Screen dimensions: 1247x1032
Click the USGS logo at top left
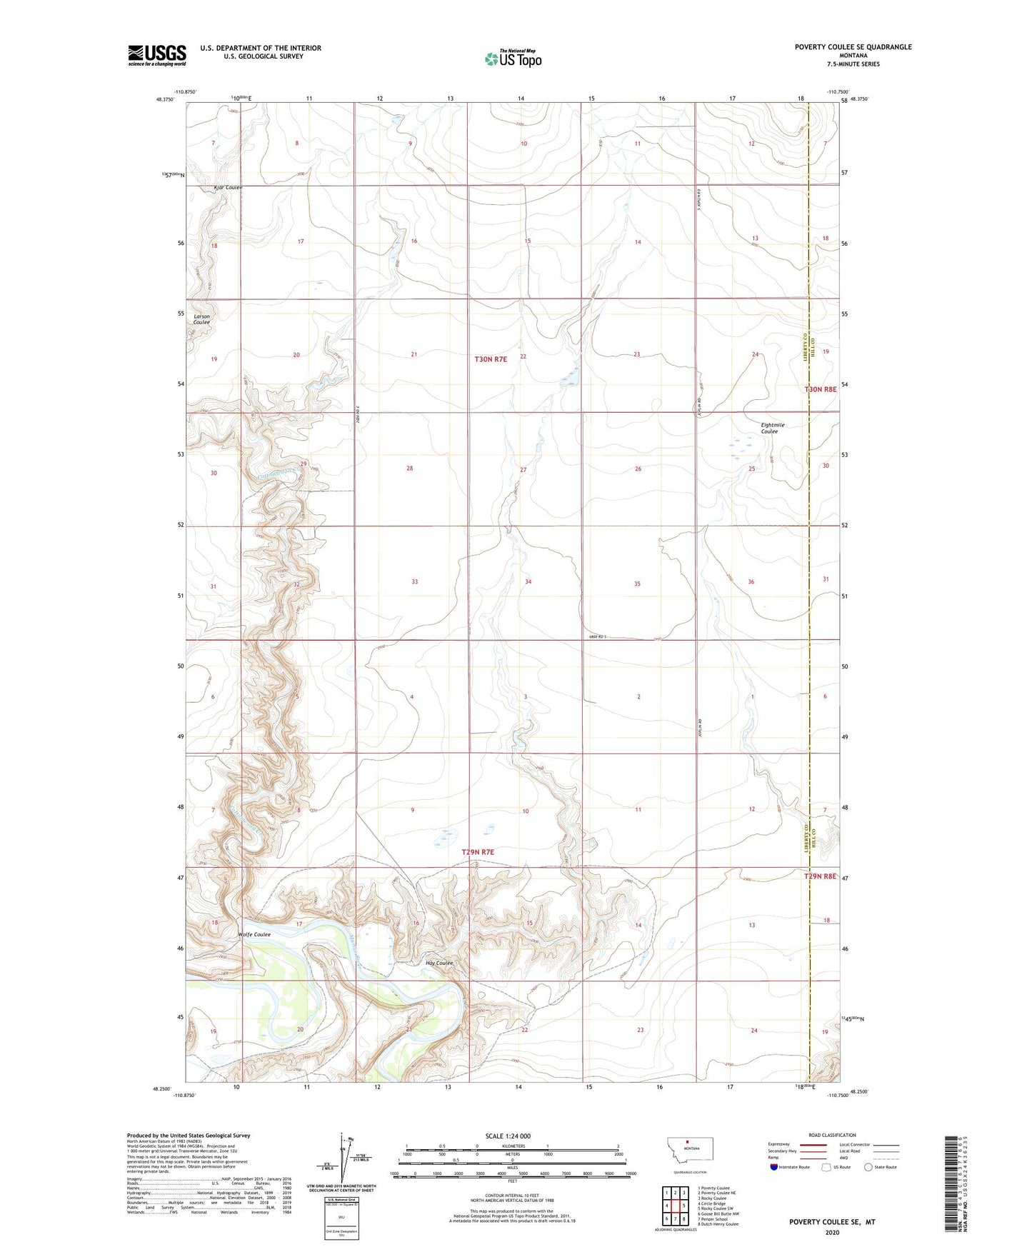pyautogui.click(x=156, y=55)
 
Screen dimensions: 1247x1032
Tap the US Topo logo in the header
pyautogui.click(x=513, y=59)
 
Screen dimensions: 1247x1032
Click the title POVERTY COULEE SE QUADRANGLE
pyautogui.click(x=853, y=47)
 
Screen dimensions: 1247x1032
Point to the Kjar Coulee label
pyautogui.click(x=229, y=188)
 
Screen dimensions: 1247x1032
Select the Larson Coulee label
pyautogui.click(x=201, y=319)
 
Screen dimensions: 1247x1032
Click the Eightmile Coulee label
pyautogui.click(x=772, y=428)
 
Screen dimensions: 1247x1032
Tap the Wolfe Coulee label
pyautogui.click(x=254, y=934)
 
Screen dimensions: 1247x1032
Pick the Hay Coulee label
pyautogui.click(x=439, y=963)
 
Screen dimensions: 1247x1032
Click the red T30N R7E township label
pyautogui.click(x=491, y=359)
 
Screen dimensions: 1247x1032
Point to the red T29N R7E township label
pyautogui.click(x=478, y=852)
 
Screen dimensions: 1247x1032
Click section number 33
pyautogui.click(x=414, y=582)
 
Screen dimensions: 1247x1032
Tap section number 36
pyautogui.click(x=751, y=582)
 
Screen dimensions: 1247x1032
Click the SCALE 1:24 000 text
pyautogui.click(x=508, y=1136)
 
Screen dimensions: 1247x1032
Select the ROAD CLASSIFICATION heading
pyautogui.click(x=832, y=1135)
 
